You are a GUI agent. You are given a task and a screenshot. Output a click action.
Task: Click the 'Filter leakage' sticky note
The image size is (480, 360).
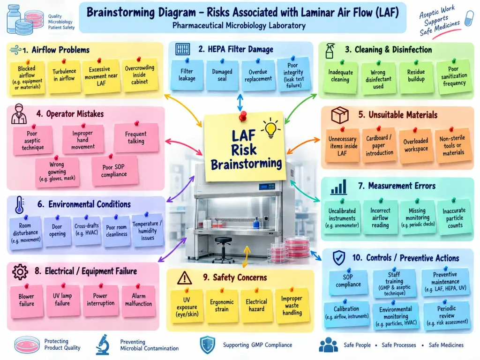187,75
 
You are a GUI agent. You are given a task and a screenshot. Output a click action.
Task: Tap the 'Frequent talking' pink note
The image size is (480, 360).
136,137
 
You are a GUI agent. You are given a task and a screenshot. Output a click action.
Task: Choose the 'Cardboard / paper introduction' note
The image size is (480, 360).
379,145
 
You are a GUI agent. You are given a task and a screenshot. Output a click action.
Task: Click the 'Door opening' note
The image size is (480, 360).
57,231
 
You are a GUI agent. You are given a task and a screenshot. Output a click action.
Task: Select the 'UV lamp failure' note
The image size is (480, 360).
62,300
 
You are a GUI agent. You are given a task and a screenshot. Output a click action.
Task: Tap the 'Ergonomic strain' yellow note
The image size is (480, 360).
222,306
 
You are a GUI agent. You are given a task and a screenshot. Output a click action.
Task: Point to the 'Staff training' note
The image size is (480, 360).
394,283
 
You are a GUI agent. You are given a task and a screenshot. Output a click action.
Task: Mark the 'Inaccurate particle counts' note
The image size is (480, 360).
454,217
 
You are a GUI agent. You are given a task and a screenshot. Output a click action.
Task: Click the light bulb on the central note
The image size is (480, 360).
270,128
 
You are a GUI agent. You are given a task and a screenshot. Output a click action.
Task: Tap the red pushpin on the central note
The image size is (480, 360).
243,116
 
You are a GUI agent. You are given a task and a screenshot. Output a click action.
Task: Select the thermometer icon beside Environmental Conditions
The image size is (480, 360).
19,204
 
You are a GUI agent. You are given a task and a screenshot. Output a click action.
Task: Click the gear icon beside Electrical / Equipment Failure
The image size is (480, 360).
20,272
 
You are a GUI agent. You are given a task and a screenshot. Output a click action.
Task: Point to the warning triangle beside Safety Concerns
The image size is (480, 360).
185,278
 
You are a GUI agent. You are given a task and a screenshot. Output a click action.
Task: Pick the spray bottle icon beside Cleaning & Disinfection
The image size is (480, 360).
330,51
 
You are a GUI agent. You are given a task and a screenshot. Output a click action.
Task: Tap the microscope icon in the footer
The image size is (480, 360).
103,345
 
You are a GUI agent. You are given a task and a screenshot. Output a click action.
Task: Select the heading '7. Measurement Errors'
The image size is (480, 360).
397,186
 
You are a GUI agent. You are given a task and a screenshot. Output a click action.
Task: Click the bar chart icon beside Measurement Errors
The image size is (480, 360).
338,187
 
